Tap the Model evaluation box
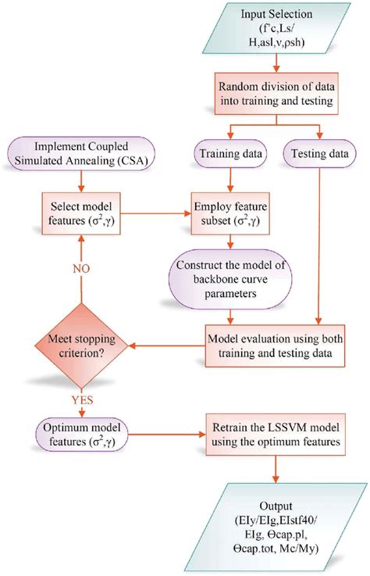tap(276, 345)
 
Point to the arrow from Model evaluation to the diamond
tap(164, 345)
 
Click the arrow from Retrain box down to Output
tap(276, 474)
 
